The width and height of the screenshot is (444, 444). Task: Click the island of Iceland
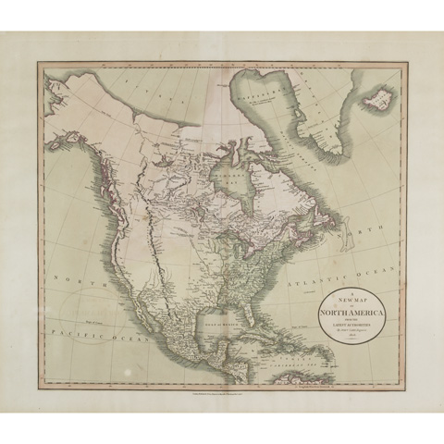374,94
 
